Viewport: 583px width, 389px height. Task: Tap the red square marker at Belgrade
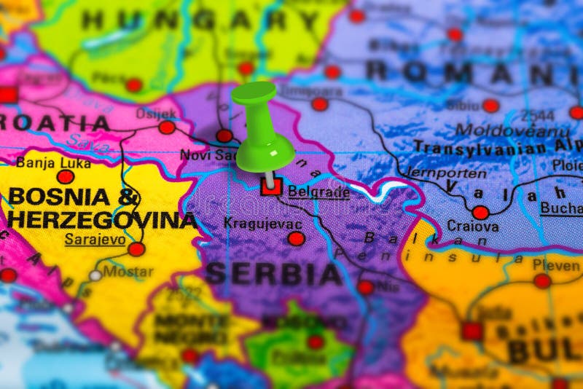point(271,186)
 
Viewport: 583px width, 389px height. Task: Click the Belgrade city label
point(318,192)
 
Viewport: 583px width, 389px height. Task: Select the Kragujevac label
point(263,223)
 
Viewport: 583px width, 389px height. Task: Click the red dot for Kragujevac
point(296,238)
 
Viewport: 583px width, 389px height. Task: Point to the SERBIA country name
point(273,274)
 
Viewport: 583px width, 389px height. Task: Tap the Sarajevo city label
point(94,238)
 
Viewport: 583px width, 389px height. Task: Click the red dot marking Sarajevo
point(136,249)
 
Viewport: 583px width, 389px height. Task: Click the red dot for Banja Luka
point(66,176)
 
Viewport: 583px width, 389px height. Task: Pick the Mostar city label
point(128,272)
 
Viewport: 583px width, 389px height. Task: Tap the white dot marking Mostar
point(95,275)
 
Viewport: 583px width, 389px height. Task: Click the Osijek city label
point(156,114)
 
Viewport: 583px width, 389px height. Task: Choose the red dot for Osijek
point(167,127)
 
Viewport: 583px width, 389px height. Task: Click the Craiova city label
point(473,227)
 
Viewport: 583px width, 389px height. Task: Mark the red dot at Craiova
point(480,213)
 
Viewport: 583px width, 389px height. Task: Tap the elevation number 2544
point(537,115)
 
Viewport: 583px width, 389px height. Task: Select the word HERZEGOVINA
point(102,219)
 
